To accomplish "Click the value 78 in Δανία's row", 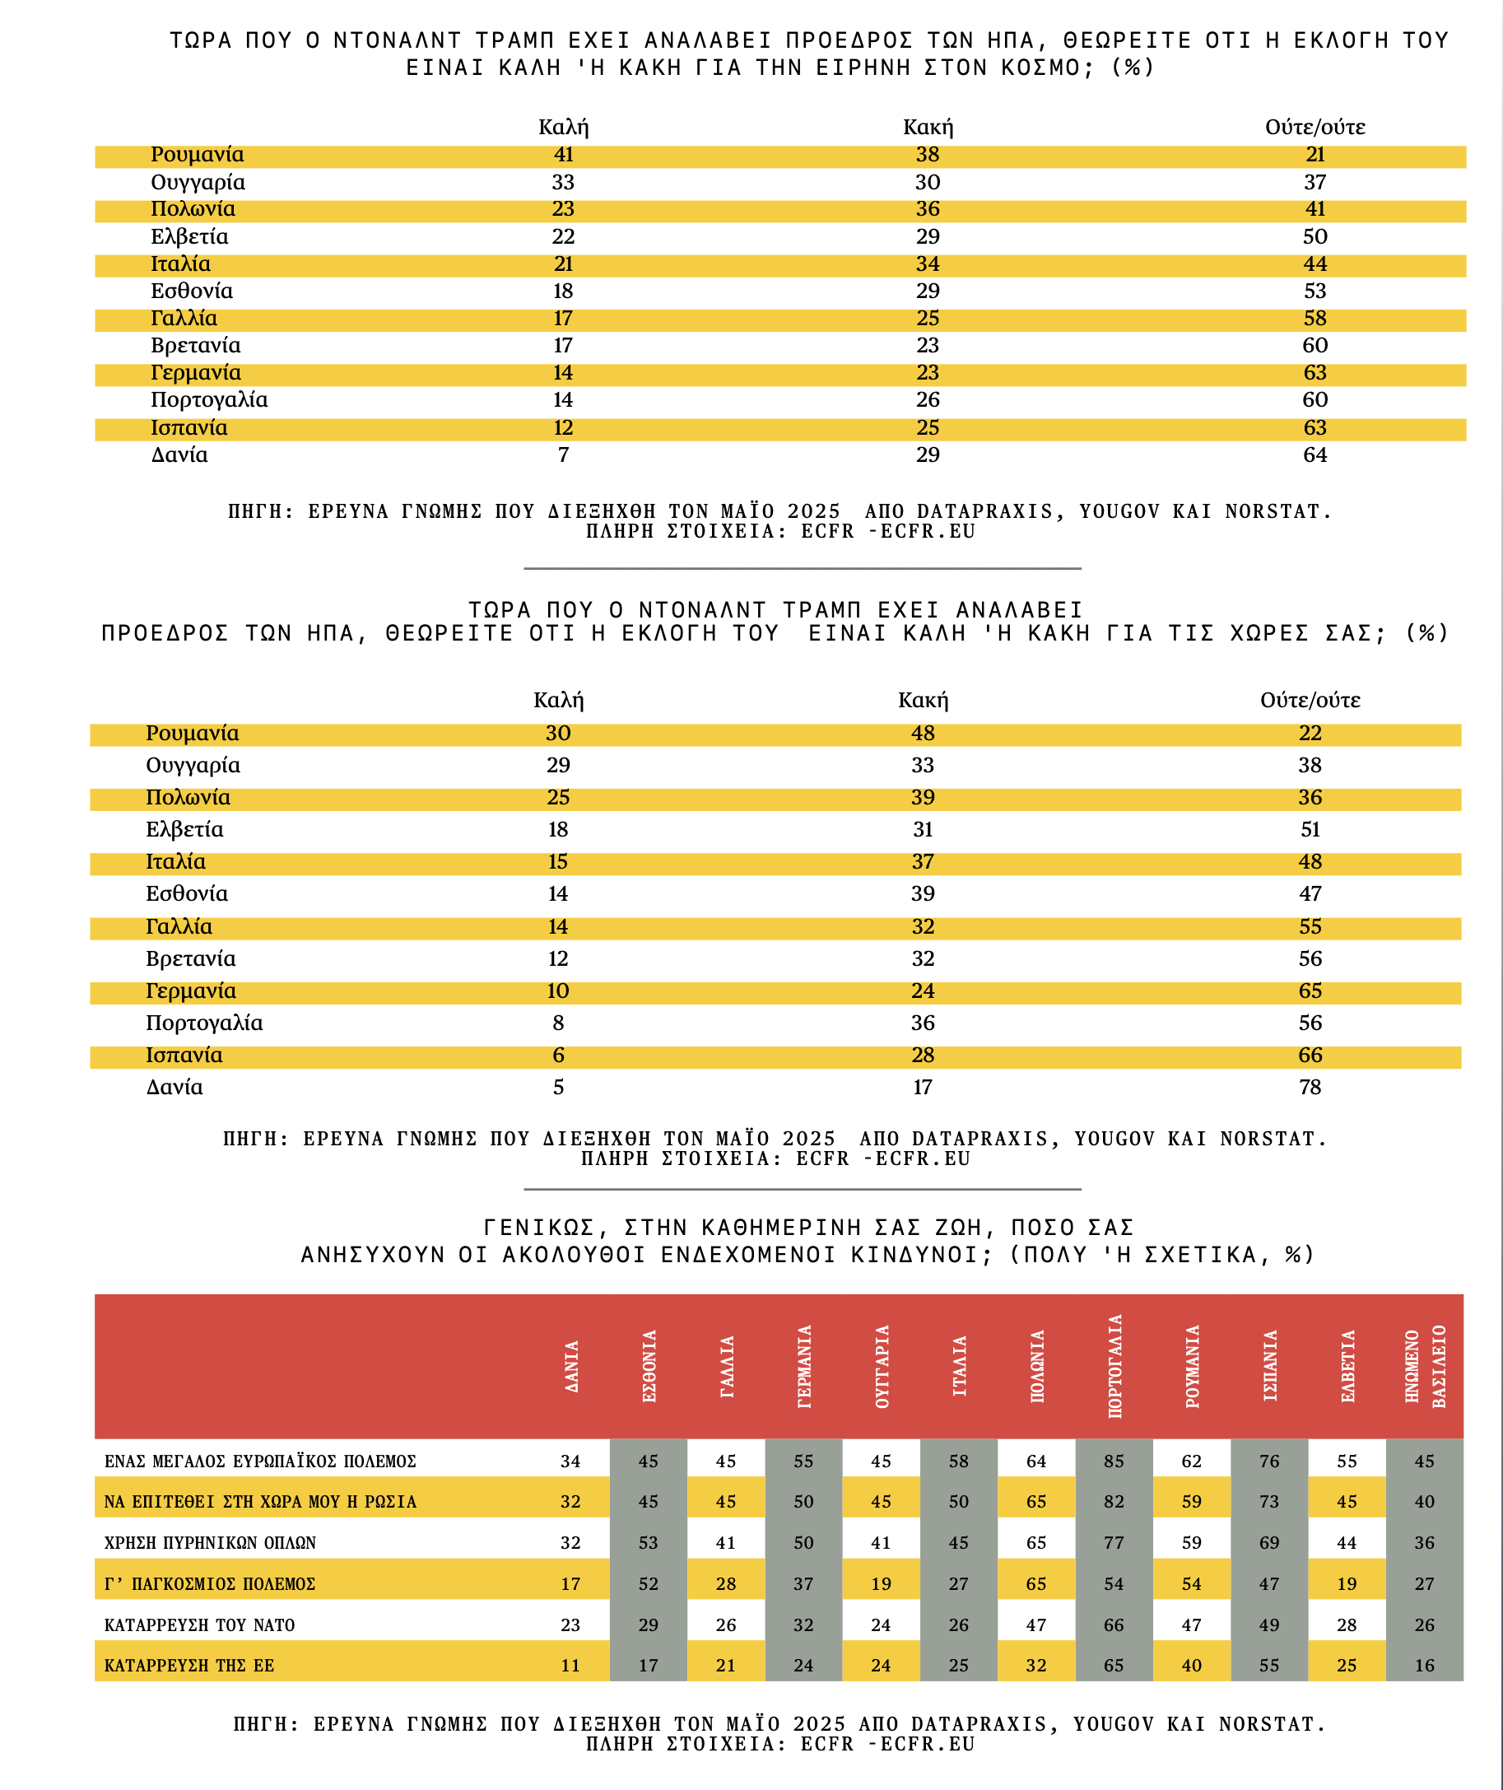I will (1310, 1087).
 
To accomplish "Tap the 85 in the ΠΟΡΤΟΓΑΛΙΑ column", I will (1114, 1461).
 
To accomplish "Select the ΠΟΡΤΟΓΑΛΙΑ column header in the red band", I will (1114, 1366).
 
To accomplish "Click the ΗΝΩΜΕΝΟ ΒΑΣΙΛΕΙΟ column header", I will (1425, 1366).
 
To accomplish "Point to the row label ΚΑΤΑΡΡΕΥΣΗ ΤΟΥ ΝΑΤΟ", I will (199, 1625).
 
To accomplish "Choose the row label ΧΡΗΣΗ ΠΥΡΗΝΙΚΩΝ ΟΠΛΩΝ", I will (210, 1543).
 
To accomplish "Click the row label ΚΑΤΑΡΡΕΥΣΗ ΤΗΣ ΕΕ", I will (189, 1666).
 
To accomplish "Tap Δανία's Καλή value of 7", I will (563, 455).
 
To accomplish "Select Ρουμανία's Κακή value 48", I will (923, 733).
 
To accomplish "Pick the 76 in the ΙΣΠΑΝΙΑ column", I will (1268, 1461).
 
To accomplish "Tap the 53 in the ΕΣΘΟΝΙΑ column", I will (649, 1543).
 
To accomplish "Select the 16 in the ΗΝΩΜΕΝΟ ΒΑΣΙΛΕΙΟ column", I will (1425, 1666).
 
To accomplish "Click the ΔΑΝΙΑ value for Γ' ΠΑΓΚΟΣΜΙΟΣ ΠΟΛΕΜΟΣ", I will (571, 1583).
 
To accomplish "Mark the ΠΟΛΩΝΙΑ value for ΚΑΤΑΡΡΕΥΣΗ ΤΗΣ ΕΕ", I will (1036, 1666).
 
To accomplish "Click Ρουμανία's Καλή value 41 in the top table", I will (563, 154).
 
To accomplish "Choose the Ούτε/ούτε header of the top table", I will (1315, 127).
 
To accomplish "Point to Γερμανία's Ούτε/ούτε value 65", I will (1310, 991).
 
